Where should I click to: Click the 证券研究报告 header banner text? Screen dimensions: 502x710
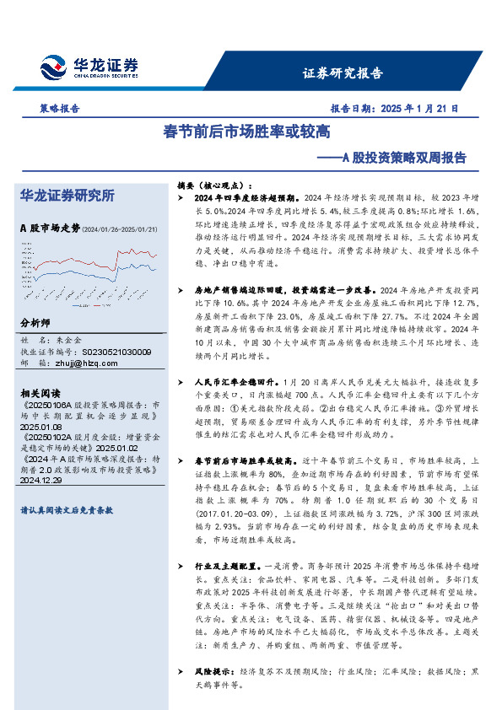coord(343,73)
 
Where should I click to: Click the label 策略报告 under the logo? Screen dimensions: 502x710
coord(60,108)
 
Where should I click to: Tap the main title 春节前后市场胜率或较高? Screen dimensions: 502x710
coord(246,132)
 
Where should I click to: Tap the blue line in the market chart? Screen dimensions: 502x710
coord(135,268)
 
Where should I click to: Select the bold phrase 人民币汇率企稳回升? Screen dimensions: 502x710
coord(227,358)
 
